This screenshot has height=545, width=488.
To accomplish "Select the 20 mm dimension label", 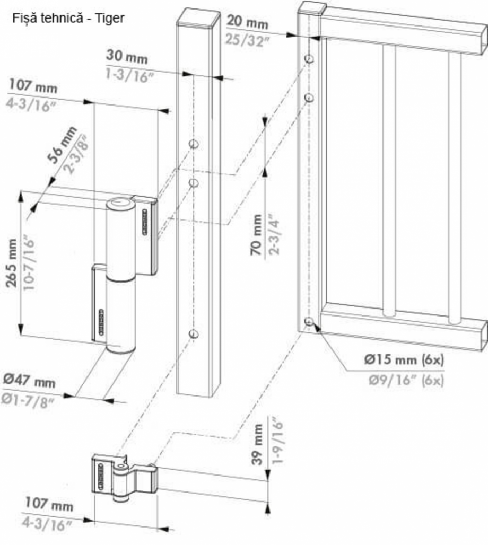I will click(247, 22).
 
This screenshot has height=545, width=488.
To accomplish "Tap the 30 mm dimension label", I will click(127, 56).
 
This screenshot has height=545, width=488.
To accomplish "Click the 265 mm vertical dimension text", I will click(12, 263).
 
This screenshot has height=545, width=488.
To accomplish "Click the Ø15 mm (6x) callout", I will click(404, 359).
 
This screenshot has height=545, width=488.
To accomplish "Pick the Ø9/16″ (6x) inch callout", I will click(406, 380).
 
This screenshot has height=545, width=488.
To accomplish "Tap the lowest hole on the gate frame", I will click(309, 321).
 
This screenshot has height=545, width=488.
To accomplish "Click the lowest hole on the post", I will click(194, 333).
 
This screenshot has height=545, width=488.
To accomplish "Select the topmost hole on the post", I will click(194, 144).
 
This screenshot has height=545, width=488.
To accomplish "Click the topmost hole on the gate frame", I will click(309, 58).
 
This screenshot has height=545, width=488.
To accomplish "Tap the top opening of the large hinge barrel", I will click(120, 203).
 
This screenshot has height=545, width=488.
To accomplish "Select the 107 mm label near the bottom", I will click(49, 504).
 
